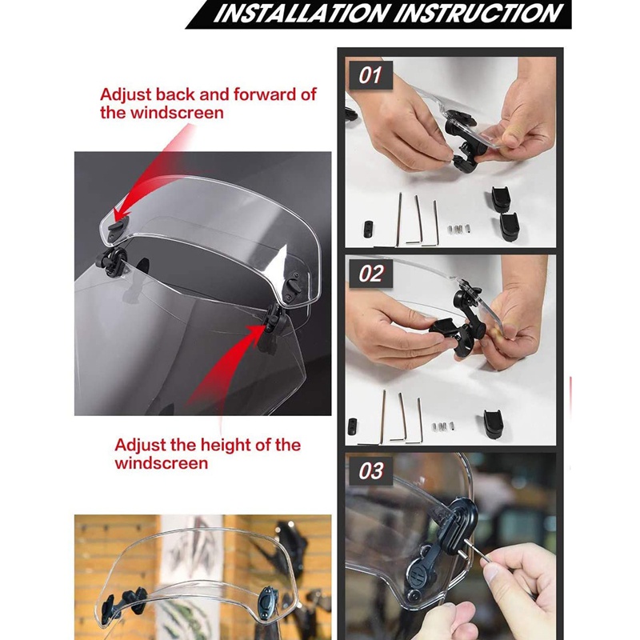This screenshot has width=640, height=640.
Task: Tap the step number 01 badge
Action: coord(370,77)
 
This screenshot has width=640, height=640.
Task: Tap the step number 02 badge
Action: coord(370,274)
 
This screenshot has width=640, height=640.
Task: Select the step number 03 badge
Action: coord(370,471)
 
